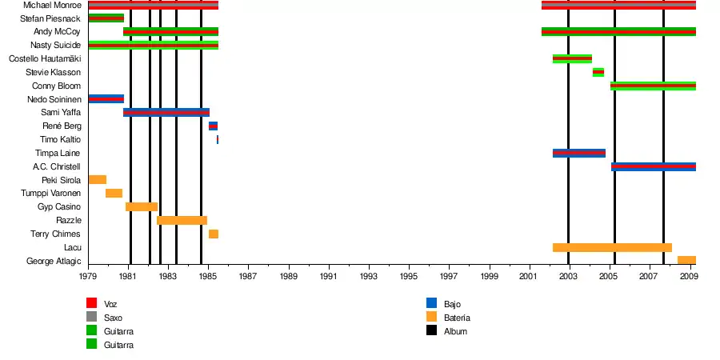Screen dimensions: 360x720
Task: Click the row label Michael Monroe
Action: click(x=53, y=5)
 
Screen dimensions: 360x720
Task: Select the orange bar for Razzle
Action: click(x=182, y=220)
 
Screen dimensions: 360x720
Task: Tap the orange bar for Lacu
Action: click(x=612, y=247)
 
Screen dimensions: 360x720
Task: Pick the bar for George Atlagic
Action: click(x=686, y=260)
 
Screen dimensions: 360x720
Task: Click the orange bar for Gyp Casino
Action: click(x=142, y=206)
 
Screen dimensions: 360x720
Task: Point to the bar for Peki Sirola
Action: click(x=98, y=180)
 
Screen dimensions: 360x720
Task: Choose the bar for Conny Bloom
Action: click(x=653, y=86)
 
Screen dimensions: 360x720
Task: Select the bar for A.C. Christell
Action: click(x=653, y=166)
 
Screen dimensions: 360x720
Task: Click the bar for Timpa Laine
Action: click(x=578, y=153)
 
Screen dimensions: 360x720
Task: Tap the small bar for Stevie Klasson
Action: click(x=598, y=72)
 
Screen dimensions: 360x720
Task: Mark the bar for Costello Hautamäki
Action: click(x=572, y=58)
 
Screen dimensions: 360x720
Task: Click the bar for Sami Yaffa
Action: click(x=166, y=112)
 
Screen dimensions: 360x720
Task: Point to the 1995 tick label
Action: click(x=409, y=276)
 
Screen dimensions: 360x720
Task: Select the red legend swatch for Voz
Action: click(x=92, y=303)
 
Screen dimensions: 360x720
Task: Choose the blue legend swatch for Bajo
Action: click(x=431, y=303)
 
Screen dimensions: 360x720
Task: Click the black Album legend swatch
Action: click(x=431, y=330)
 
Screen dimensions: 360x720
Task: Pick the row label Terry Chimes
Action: click(x=55, y=234)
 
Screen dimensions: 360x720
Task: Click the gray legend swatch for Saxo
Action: click(x=92, y=317)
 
